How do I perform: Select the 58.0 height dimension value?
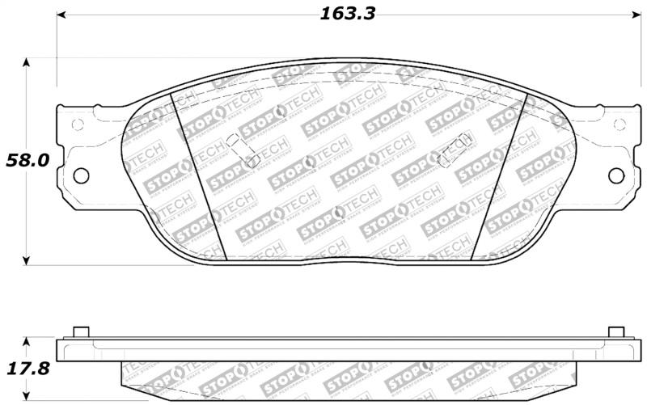(x=27, y=160)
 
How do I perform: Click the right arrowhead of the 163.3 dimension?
(x=633, y=15)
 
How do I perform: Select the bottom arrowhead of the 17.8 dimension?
(x=28, y=398)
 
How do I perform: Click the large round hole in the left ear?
(x=81, y=175)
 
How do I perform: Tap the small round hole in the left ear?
(x=78, y=124)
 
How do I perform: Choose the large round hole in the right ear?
(x=616, y=175)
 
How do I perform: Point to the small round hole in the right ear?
(x=620, y=124)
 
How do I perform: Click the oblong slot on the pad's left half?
(x=242, y=150)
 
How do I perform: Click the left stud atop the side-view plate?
(x=80, y=332)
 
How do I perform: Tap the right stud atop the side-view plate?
(x=615, y=332)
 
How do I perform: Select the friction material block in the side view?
(x=348, y=376)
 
